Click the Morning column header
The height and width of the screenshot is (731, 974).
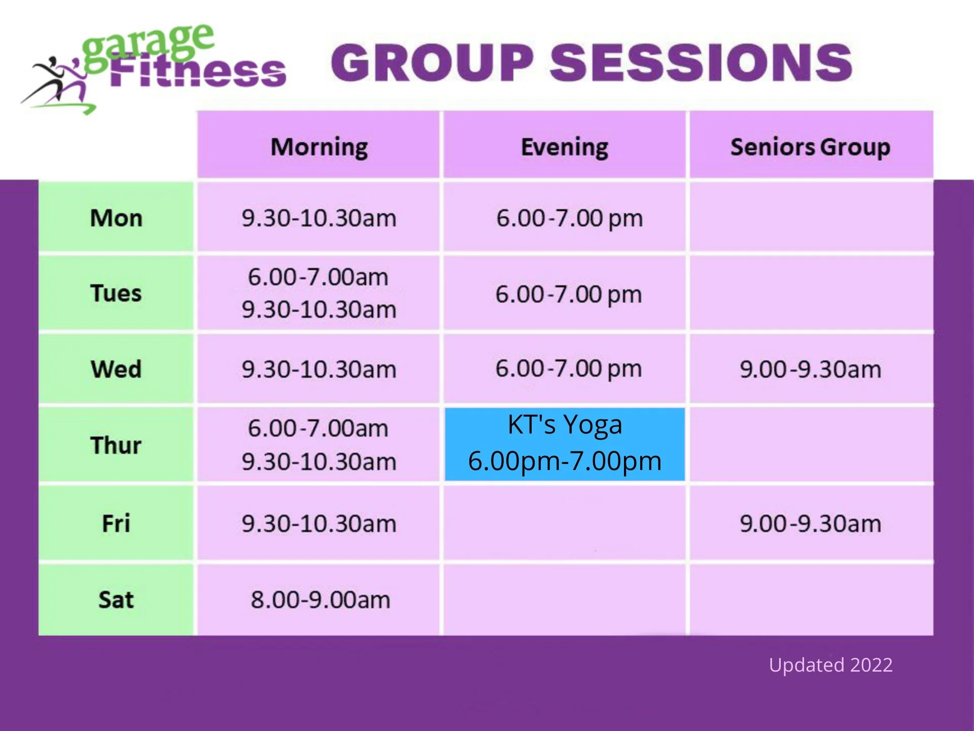[x=319, y=147]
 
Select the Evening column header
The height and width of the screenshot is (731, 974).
[x=564, y=147]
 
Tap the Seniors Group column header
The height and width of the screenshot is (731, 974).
[x=810, y=147]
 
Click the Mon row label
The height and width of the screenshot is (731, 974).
[x=116, y=218]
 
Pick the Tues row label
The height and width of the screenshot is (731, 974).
[x=116, y=293]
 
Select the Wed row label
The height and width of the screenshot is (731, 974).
[x=116, y=369]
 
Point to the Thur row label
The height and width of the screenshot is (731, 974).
[x=116, y=445]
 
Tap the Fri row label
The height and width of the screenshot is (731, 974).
[x=116, y=523]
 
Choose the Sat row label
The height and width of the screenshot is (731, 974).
[x=116, y=600]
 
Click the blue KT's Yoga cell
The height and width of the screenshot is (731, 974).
[x=565, y=444]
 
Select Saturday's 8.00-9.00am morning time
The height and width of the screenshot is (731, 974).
[x=320, y=600]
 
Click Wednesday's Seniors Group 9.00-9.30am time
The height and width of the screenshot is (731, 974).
[x=810, y=369]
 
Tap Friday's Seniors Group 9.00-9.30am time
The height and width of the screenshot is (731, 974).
[x=810, y=523]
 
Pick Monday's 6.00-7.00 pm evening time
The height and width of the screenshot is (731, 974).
[x=569, y=218]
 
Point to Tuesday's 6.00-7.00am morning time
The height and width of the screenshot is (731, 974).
[x=318, y=277]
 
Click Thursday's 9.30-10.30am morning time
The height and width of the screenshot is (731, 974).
[x=319, y=462]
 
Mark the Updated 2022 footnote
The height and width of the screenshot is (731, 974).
[x=830, y=665]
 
